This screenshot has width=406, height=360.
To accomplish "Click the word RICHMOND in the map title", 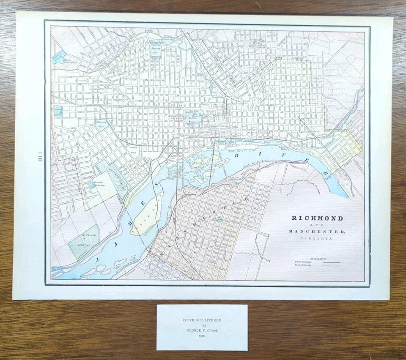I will tap(317, 218).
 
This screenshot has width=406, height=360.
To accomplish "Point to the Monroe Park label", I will tap(101, 123).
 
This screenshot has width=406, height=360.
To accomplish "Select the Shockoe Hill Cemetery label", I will tap(157, 51).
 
